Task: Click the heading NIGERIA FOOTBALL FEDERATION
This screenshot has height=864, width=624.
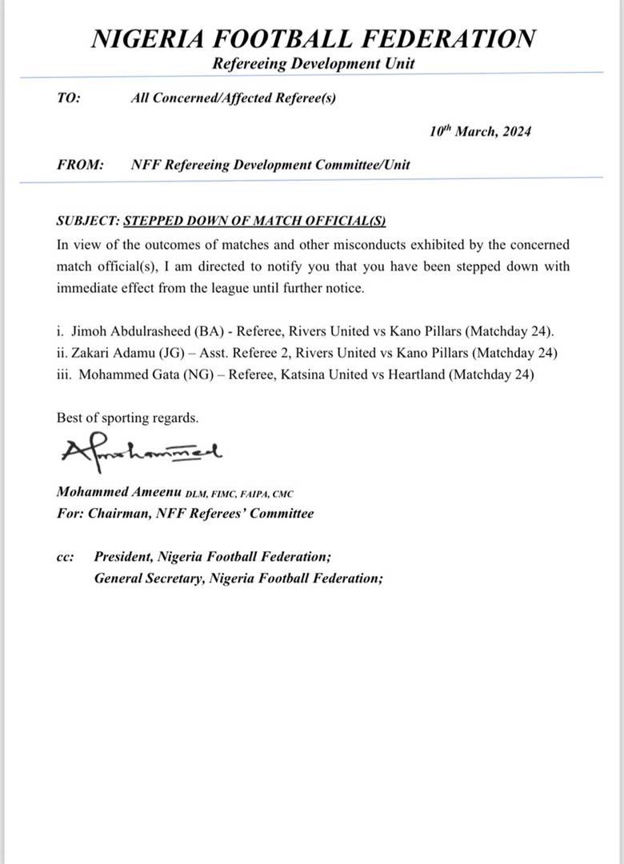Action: (314, 39)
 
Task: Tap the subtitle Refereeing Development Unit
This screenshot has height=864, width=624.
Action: (314, 64)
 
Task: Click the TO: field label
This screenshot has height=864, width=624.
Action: (69, 99)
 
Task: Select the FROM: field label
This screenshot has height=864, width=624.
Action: (80, 165)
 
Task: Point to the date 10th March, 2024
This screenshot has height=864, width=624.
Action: (480, 131)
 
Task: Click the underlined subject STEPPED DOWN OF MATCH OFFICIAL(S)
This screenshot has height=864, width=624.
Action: (255, 222)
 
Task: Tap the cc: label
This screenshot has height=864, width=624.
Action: (66, 557)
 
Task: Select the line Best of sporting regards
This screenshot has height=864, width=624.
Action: (128, 418)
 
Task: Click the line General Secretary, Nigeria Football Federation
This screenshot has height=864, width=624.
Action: (238, 578)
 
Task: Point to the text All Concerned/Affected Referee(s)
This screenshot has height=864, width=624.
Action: (233, 99)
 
